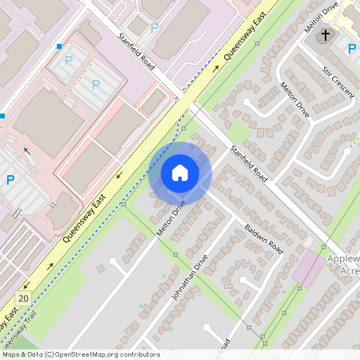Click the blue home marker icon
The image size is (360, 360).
[180, 172]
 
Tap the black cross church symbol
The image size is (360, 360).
[326, 36]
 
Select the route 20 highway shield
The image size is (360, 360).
[23, 298]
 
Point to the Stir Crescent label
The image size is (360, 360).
[338, 82]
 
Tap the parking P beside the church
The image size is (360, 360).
[351, 50]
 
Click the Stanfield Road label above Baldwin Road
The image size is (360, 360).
[248, 162]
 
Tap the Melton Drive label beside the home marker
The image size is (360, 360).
[171, 217]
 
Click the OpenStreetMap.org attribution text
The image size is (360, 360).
[104, 354]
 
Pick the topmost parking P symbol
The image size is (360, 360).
[154, 27]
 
